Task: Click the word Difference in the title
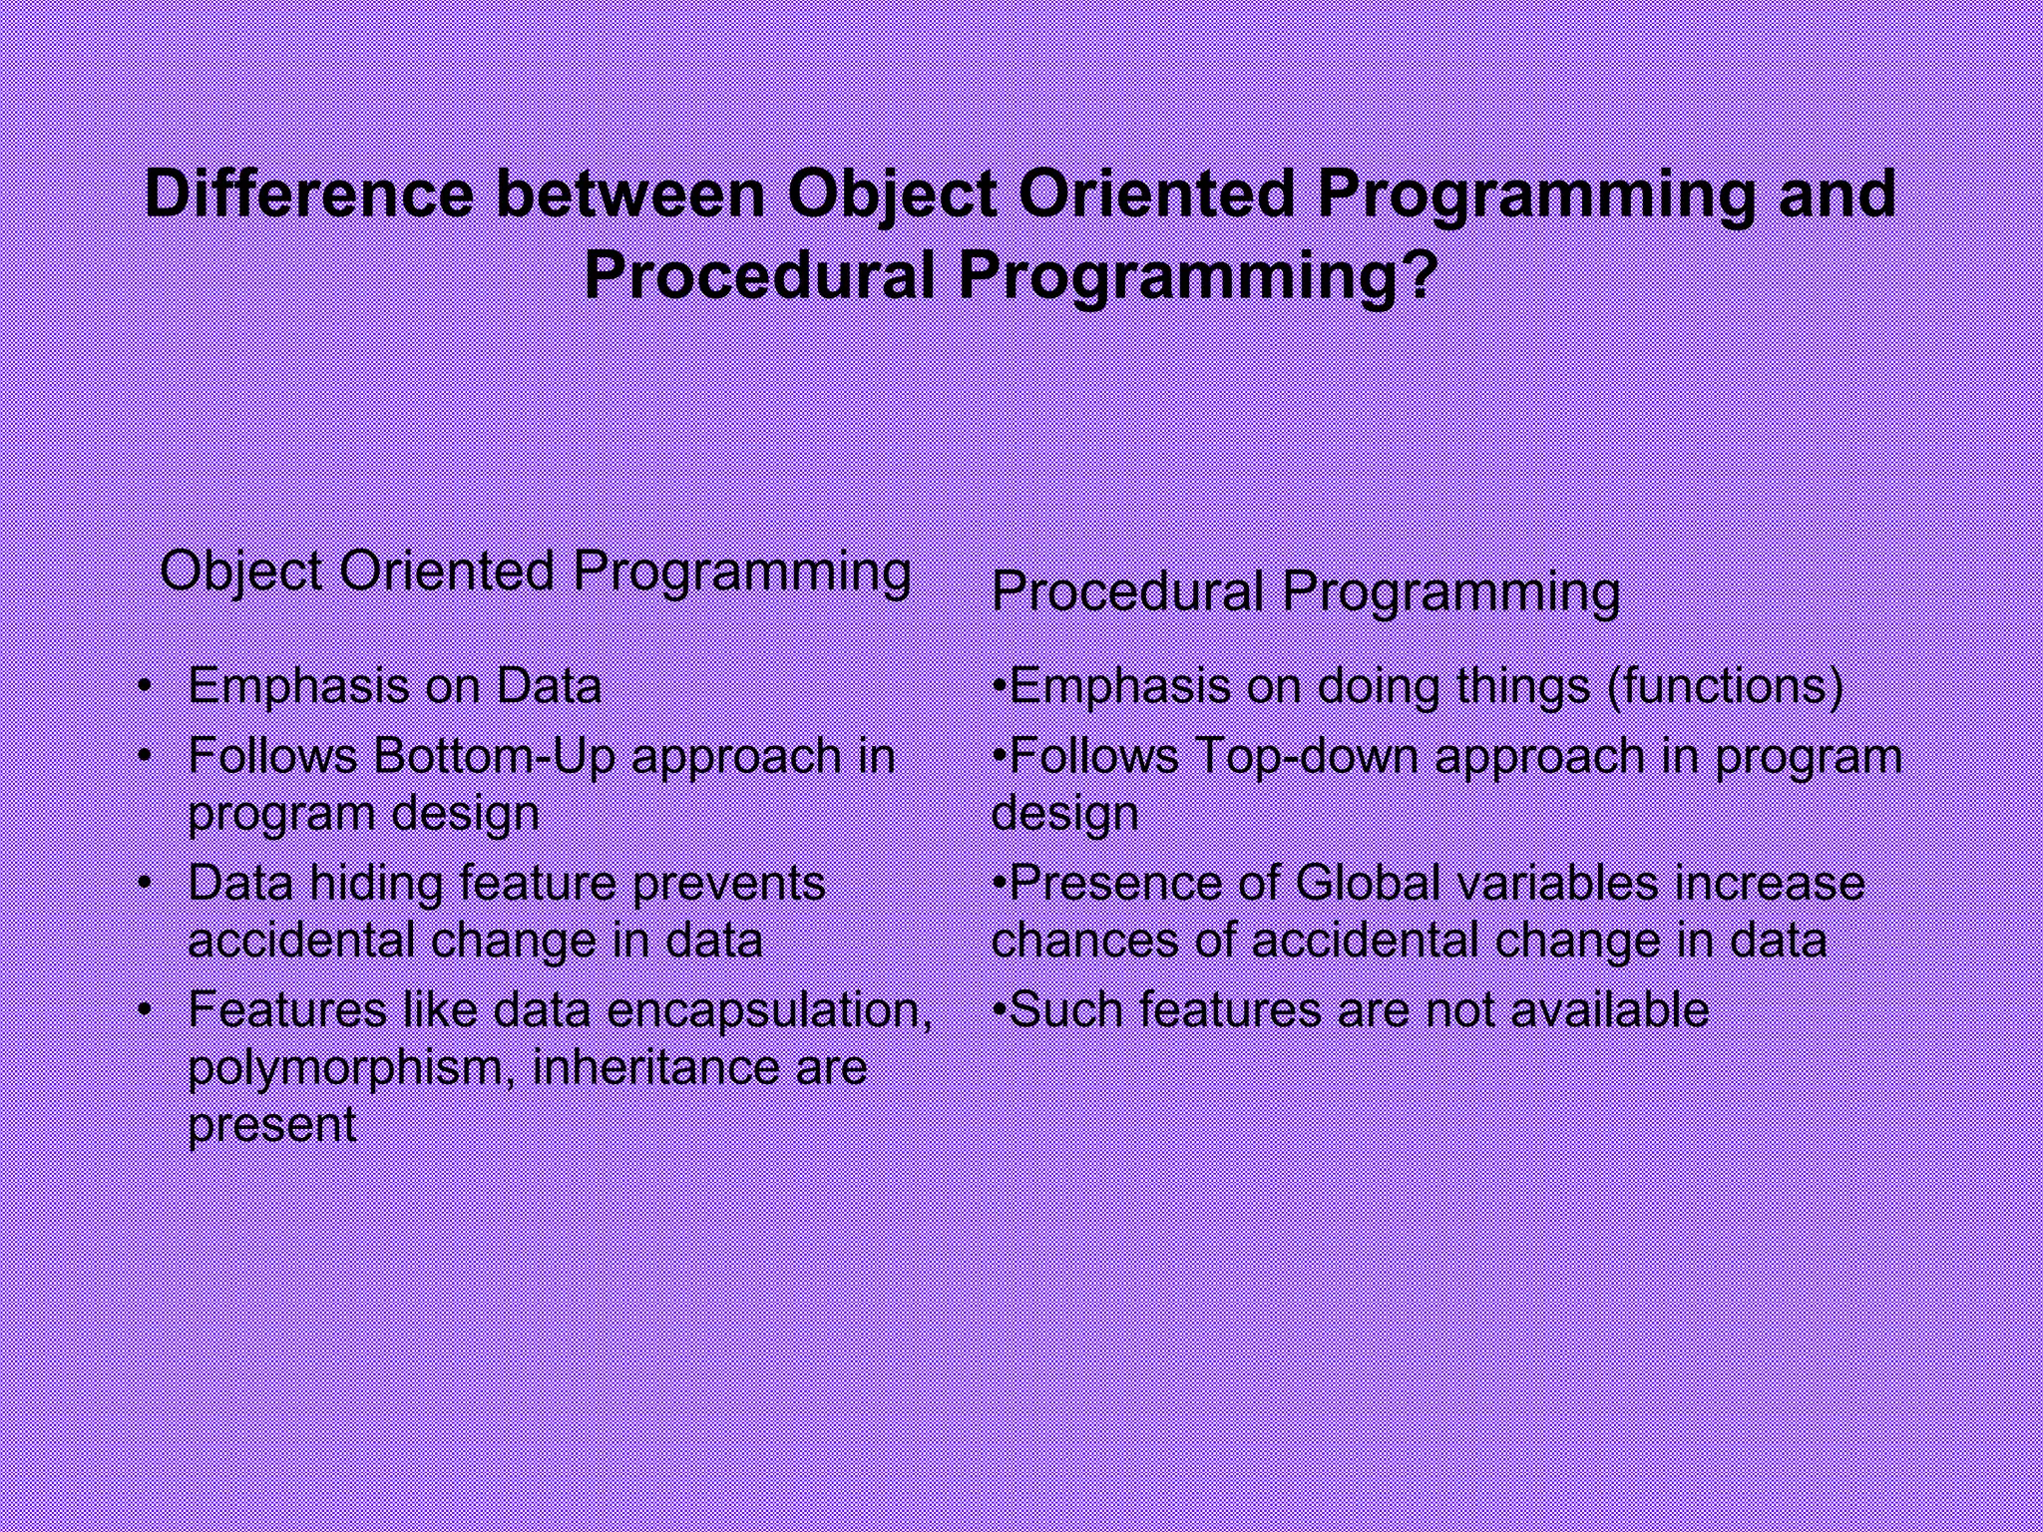(x=309, y=193)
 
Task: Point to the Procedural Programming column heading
(x=1305, y=592)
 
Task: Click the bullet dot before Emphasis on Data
(x=146, y=685)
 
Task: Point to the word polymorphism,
(x=353, y=1068)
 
